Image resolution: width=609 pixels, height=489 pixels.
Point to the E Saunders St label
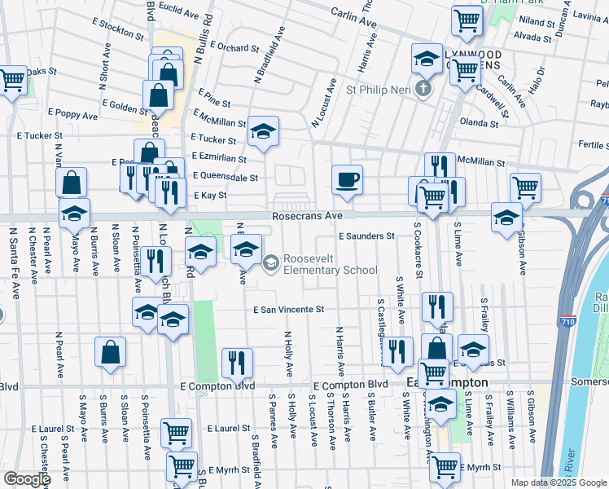366,236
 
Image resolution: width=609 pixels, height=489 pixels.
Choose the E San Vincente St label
288,310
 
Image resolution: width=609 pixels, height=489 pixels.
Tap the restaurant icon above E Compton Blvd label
237,363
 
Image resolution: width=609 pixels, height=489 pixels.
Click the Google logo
27,479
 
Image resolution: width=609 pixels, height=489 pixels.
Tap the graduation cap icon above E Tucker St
262,132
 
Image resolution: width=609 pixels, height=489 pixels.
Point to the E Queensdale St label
226,177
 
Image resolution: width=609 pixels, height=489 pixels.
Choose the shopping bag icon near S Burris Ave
110,353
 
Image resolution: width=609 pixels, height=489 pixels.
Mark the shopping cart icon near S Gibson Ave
525,187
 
